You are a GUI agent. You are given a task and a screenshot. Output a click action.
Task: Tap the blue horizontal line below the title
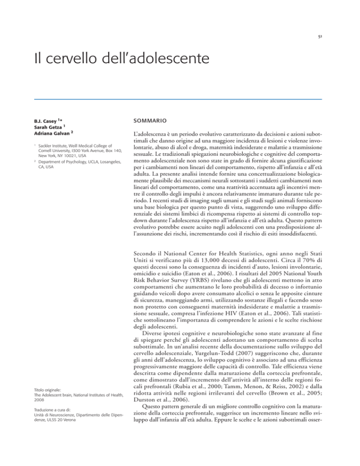point(180,99)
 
